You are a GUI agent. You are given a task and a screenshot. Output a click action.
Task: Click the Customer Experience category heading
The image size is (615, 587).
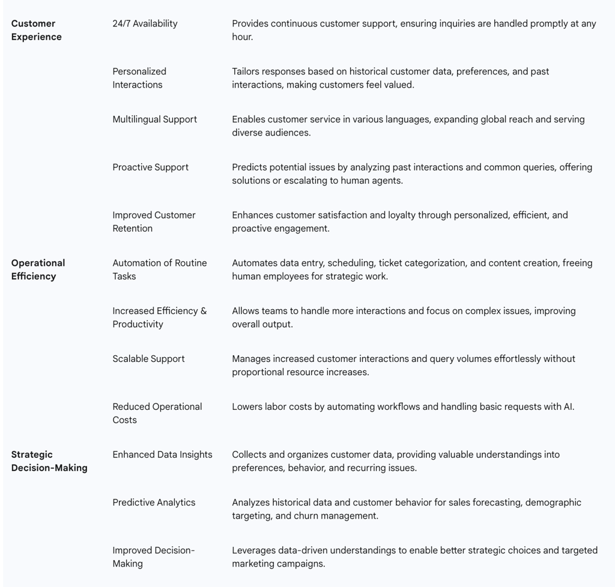tap(36, 30)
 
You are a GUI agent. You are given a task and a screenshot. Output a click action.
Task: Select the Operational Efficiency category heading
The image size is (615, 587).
tap(38, 269)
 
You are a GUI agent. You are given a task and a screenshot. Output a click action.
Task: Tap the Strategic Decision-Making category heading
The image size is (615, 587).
tap(49, 461)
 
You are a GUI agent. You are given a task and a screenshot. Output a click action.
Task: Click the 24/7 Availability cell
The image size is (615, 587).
tap(145, 23)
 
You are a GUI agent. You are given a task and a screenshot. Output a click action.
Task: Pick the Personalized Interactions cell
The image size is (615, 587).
tap(139, 78)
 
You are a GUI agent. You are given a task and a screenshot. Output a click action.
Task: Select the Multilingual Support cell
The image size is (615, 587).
tap(154, 119)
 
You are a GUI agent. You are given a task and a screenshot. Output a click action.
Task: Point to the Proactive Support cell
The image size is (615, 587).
tap(150, 167)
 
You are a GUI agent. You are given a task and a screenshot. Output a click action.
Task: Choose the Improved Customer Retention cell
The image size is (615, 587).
tap(154, 221)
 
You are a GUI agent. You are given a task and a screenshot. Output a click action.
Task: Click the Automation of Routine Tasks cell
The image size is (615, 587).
tap(159, 269)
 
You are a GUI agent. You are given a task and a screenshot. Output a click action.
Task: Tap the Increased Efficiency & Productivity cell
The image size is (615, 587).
tap(159, 318)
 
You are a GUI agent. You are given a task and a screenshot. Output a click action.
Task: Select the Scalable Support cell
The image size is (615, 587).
tap(148, 359)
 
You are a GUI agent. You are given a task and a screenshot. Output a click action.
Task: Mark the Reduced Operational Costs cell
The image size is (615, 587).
tap(157, 413)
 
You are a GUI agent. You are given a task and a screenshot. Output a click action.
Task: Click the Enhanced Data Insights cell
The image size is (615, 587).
tap(162, 455)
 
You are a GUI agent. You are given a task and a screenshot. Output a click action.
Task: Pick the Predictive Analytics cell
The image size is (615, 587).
tap(154, 502)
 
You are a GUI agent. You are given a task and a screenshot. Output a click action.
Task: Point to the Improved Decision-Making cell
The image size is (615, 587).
tap(153, 557)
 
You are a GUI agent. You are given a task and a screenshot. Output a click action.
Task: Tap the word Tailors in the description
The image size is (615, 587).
tap(247, 71)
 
